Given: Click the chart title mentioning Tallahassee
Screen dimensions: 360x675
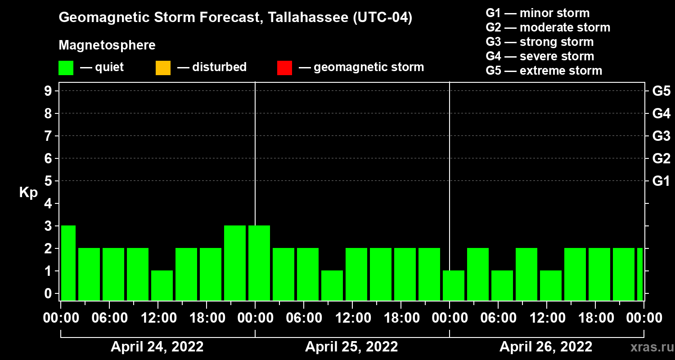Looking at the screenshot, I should (235, 18).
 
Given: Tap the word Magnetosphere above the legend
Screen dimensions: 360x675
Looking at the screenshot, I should (107, 45).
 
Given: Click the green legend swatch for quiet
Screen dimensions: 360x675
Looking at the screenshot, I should (66, 68).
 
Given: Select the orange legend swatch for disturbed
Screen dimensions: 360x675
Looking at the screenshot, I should (163, 68).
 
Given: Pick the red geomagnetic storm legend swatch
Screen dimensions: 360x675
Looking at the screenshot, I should (284, 68).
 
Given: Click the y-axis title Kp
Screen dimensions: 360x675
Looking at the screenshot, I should (28, 193).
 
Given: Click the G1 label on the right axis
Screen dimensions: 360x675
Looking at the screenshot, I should (661, 181).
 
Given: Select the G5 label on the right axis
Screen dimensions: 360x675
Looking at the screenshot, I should (661, 91).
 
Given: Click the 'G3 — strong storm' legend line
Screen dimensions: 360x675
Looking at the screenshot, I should (540, 42).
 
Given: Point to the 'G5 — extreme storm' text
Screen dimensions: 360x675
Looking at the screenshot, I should (544, 71).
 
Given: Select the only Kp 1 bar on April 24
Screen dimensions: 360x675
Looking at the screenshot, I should (162, 285).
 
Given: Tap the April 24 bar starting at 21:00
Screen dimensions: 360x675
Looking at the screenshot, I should (235, 263).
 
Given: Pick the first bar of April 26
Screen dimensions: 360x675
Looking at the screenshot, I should (454, 285).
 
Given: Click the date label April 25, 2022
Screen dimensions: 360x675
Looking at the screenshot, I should (351, 347).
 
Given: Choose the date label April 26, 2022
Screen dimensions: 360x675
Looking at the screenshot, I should (546, 347).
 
